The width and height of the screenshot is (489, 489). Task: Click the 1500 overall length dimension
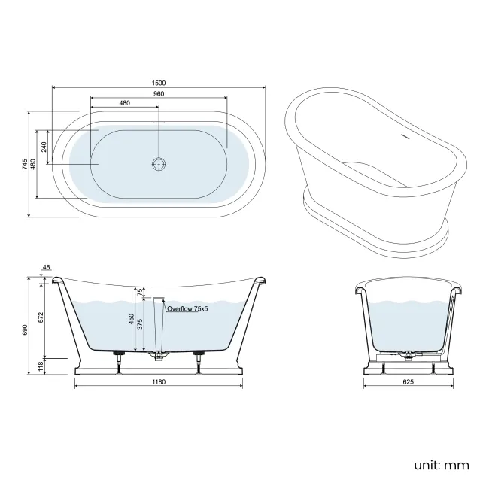tap(158, 83)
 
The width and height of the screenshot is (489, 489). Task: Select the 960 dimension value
tap(158, 93)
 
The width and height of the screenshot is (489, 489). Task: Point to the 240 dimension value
tap(45, 146)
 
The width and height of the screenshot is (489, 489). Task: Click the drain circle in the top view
tap(158, 163)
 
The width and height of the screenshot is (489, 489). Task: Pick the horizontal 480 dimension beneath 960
tap(124, 103)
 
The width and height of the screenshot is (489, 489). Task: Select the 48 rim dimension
tap(47, 268)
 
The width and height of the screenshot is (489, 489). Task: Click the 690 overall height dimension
tap(25, 330)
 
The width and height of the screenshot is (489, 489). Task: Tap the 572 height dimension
tap(41, 317)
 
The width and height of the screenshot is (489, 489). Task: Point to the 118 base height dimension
tap(41, 365)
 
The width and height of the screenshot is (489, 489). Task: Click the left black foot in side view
tap(118, 353)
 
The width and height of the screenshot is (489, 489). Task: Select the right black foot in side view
tap(199, 353)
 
